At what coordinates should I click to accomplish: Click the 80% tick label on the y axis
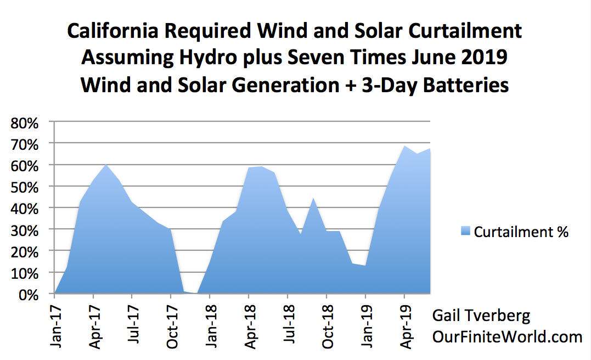[x=25, y=123]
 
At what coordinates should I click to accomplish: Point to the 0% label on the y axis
[x=29, y=295]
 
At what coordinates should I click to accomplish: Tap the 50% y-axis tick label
[x=25, y=187]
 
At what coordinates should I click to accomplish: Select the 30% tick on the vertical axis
[x=25, y=230]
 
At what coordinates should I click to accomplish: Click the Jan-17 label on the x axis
[x=56, y=327]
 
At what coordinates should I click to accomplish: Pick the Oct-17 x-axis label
[x=172, y=327]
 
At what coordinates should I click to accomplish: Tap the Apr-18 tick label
[x=250, y=327]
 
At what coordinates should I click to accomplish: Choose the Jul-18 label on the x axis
[x=289, y=324]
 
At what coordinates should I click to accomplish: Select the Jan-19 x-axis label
[x=367, y=327]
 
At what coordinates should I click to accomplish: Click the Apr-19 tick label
[x=406, y=327]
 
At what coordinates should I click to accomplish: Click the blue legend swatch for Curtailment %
[x=465, y=231]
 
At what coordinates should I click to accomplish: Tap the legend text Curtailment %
[x=521, y=232]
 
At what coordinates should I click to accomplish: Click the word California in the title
[x=113, y=31]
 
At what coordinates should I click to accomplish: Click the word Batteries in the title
[x=466, y=85]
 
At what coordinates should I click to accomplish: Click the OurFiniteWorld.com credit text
[x=507, y=336]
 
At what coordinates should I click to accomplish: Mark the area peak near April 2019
[x=404, y=146]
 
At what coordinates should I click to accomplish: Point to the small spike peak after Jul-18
[x=313, y=198]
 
